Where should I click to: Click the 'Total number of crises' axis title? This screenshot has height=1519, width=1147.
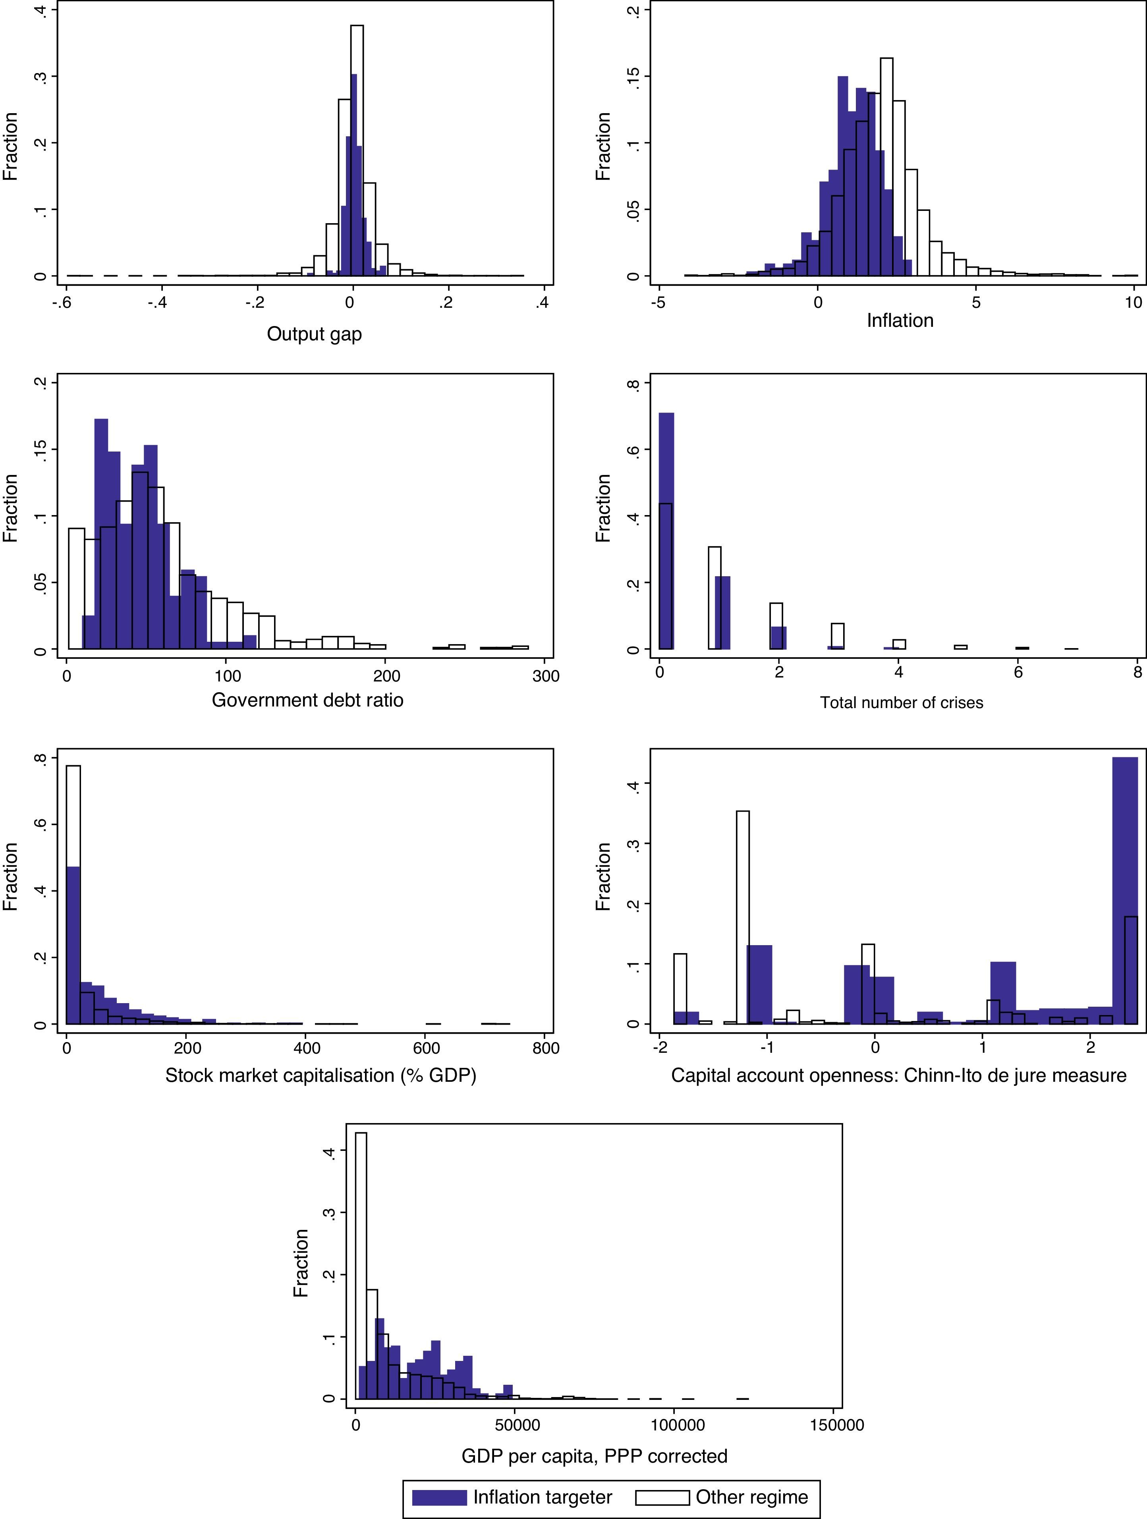click(x=901, y=703)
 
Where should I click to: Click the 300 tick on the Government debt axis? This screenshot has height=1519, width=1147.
click(x=546, y=676)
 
